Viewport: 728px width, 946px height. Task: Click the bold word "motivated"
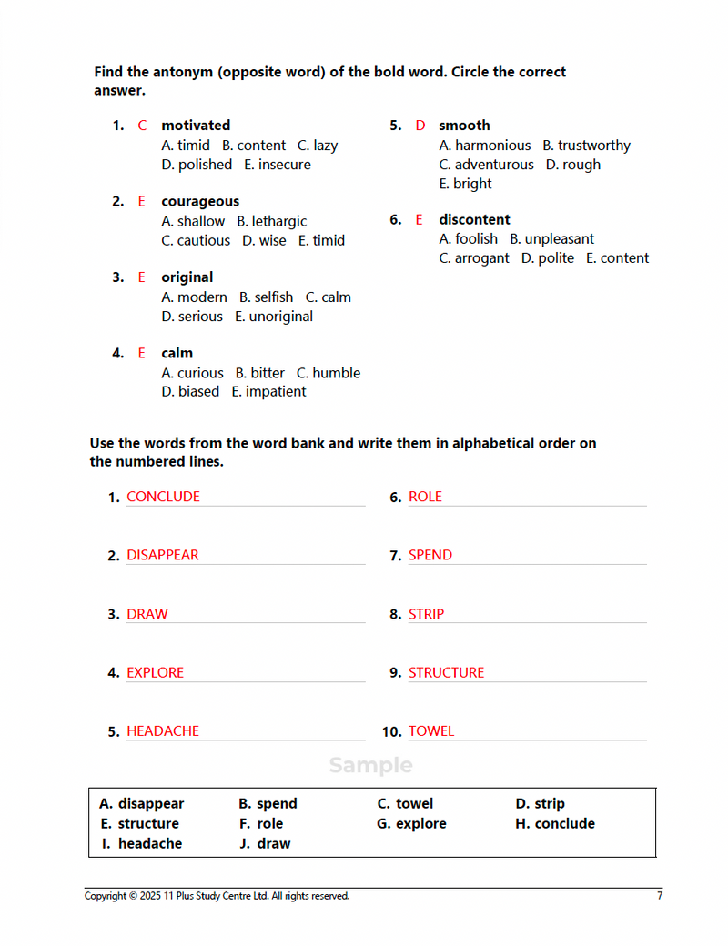196,126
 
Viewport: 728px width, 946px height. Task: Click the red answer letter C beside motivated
142,126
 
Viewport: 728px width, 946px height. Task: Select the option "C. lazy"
318,146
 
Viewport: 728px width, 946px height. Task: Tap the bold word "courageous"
200,202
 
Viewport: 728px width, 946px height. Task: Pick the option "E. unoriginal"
274,317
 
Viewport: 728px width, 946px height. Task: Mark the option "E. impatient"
268,392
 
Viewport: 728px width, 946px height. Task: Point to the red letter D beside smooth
420,126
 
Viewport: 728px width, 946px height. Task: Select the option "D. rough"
573,165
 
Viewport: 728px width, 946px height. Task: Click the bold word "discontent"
474,220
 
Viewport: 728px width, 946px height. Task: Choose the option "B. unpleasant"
551,239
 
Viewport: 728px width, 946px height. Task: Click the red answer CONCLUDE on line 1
163,497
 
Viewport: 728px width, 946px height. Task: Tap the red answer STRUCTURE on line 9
446,673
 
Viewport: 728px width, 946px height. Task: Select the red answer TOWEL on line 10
430,731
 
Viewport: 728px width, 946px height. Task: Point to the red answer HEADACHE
162,731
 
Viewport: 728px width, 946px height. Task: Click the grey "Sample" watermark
370,766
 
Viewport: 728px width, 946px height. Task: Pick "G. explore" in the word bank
411,824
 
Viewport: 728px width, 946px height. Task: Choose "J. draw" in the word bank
265,844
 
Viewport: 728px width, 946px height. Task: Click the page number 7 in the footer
660,896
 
